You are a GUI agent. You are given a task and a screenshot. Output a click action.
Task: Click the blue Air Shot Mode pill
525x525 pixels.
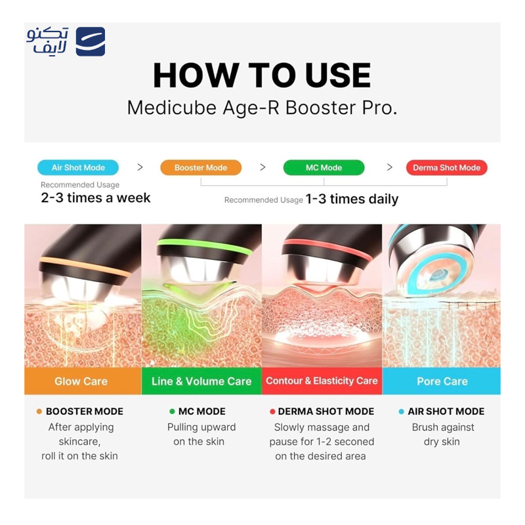coord(78,167)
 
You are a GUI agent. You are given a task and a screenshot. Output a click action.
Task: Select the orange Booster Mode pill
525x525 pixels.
coord(201,167)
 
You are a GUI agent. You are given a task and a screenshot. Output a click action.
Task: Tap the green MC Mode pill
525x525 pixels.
coord(324,167)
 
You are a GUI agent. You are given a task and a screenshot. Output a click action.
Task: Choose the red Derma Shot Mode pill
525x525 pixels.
coord(447,167)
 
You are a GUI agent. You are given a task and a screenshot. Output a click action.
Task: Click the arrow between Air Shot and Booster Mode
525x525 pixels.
coord(140,167)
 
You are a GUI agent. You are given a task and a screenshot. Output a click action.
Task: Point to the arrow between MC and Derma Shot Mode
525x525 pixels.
coord(389,167)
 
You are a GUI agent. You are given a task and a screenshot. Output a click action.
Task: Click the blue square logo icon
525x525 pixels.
coord(91,41)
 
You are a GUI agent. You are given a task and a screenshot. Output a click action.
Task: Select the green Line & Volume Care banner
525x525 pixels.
coord(201,381)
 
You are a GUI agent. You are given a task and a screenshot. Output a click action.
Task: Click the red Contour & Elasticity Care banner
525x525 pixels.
coord(322,381)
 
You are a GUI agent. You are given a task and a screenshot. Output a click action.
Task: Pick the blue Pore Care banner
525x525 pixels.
coord(441,381)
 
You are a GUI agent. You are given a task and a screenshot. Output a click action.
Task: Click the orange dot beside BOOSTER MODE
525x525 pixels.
coord(39,411)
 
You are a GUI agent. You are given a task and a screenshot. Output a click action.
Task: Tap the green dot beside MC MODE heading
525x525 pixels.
coord(172,411)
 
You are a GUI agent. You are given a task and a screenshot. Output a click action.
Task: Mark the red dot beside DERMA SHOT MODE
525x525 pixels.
coord(272,411)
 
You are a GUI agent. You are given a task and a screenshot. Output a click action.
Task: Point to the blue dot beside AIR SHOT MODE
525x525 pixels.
coord(402,411)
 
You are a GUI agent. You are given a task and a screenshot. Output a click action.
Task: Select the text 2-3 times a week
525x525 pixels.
coord(96,198)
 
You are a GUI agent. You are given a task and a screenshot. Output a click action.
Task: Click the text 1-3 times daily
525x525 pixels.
coord(352,199)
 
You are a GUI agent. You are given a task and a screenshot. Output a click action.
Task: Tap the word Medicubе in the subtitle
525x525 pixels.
coord(172,108)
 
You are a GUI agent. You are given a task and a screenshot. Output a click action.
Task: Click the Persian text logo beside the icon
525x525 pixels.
coord(47,41)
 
